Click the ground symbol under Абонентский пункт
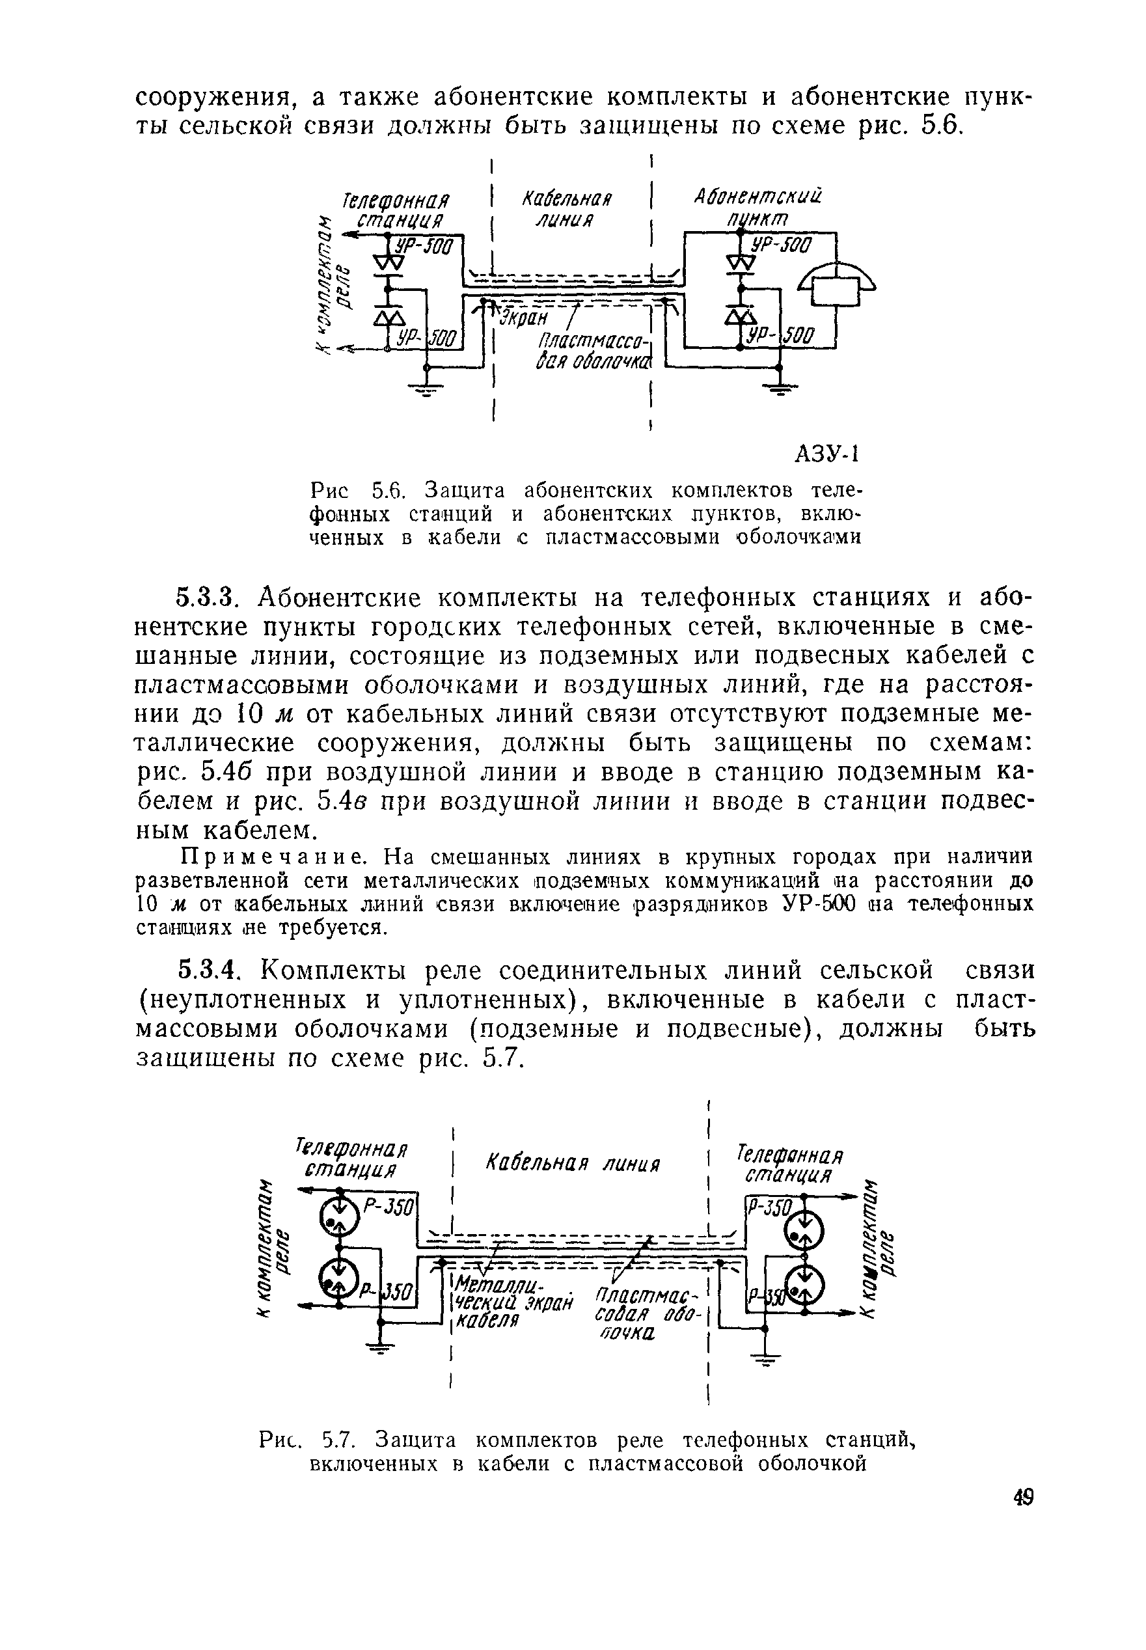[778, 390]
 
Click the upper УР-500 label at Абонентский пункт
[779, 245]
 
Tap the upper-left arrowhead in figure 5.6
[352, 235]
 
